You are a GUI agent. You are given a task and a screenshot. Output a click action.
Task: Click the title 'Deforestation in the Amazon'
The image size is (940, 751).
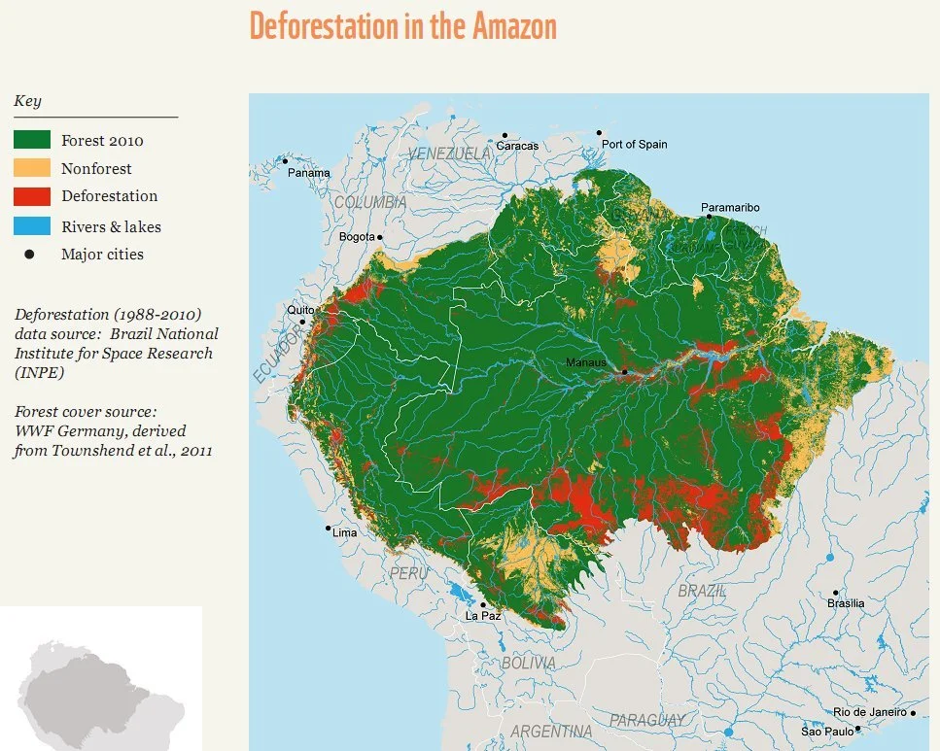(x=402, y=26)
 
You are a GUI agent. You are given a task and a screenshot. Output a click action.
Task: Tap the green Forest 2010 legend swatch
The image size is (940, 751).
(x=32, y=140)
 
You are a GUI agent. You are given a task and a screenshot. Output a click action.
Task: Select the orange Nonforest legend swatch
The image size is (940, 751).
(x=32, y=168)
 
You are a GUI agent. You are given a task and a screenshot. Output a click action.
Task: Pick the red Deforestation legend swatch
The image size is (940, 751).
(x=32, y=196)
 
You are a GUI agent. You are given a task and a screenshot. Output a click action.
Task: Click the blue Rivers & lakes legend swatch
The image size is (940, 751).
(x=32, y=226)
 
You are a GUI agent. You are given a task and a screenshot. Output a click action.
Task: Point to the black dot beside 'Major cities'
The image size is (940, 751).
(x=29, y=255)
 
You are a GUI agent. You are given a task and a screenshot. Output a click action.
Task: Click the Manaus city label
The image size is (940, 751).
(x=586, y=363)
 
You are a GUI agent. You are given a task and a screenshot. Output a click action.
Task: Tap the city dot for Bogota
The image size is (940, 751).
(x=380, y=236)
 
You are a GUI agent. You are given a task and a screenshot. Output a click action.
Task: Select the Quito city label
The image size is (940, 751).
(x=298, y=311)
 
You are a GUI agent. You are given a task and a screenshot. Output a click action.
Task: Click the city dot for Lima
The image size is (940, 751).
(x=329, y=529)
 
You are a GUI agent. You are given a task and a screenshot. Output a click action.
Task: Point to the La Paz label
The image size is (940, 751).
(x=483, y=616)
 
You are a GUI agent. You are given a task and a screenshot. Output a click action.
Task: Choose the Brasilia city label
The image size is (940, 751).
(x=845, y=603)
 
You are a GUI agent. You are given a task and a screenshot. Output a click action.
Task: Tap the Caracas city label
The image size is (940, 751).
(x=517, y=146)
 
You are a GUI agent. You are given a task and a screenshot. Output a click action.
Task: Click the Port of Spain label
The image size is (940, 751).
(x=634, y=144)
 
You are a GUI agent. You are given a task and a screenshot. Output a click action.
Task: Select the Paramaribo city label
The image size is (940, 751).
(x=730, y=208)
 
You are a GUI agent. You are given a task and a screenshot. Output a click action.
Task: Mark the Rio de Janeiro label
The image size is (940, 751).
(x=870, y=712)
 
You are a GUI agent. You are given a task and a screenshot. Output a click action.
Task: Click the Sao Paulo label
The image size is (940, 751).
(x=826, y=731)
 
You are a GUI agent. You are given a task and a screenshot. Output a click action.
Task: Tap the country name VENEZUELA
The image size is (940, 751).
(x=449, y=154)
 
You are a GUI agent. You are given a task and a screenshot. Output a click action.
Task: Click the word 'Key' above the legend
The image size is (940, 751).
(x=27, y=101)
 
